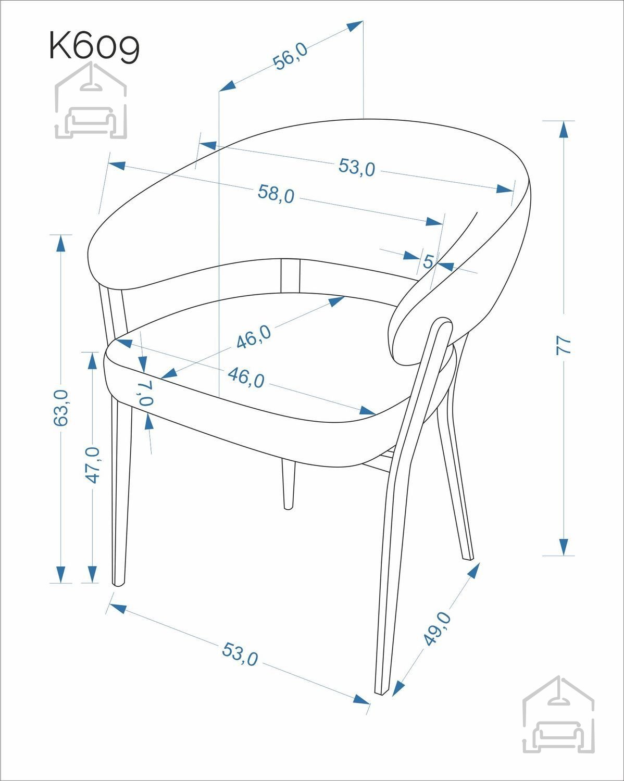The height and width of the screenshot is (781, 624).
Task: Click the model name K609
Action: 94,46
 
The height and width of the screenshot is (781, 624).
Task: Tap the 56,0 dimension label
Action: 290,56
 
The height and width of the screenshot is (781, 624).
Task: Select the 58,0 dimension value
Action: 276,194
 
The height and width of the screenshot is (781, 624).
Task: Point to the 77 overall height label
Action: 563,345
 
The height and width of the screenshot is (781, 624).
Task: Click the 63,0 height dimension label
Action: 60,408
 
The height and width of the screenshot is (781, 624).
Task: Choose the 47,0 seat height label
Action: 93,465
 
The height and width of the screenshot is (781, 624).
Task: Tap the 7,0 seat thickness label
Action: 145,393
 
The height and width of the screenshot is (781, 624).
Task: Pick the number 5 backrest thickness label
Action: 428,261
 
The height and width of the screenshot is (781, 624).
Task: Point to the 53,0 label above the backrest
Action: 357,167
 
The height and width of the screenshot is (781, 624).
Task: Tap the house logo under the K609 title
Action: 91,100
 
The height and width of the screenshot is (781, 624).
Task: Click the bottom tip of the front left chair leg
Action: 118,585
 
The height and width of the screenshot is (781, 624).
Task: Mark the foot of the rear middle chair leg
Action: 288,508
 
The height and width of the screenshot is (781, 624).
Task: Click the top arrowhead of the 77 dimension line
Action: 564,129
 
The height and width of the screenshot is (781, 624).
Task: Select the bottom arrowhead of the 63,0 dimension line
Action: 60,574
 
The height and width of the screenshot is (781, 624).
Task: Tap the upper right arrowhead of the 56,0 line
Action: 355,26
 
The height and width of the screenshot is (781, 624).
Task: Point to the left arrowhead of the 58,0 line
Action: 117,166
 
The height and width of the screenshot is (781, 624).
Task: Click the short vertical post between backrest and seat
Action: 291,276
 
